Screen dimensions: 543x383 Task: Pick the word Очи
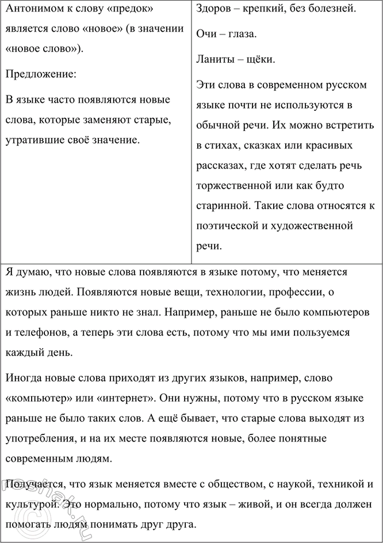click(207, 34)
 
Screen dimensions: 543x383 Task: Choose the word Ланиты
click(215, 59)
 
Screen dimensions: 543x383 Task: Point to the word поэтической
click(228, 225)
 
